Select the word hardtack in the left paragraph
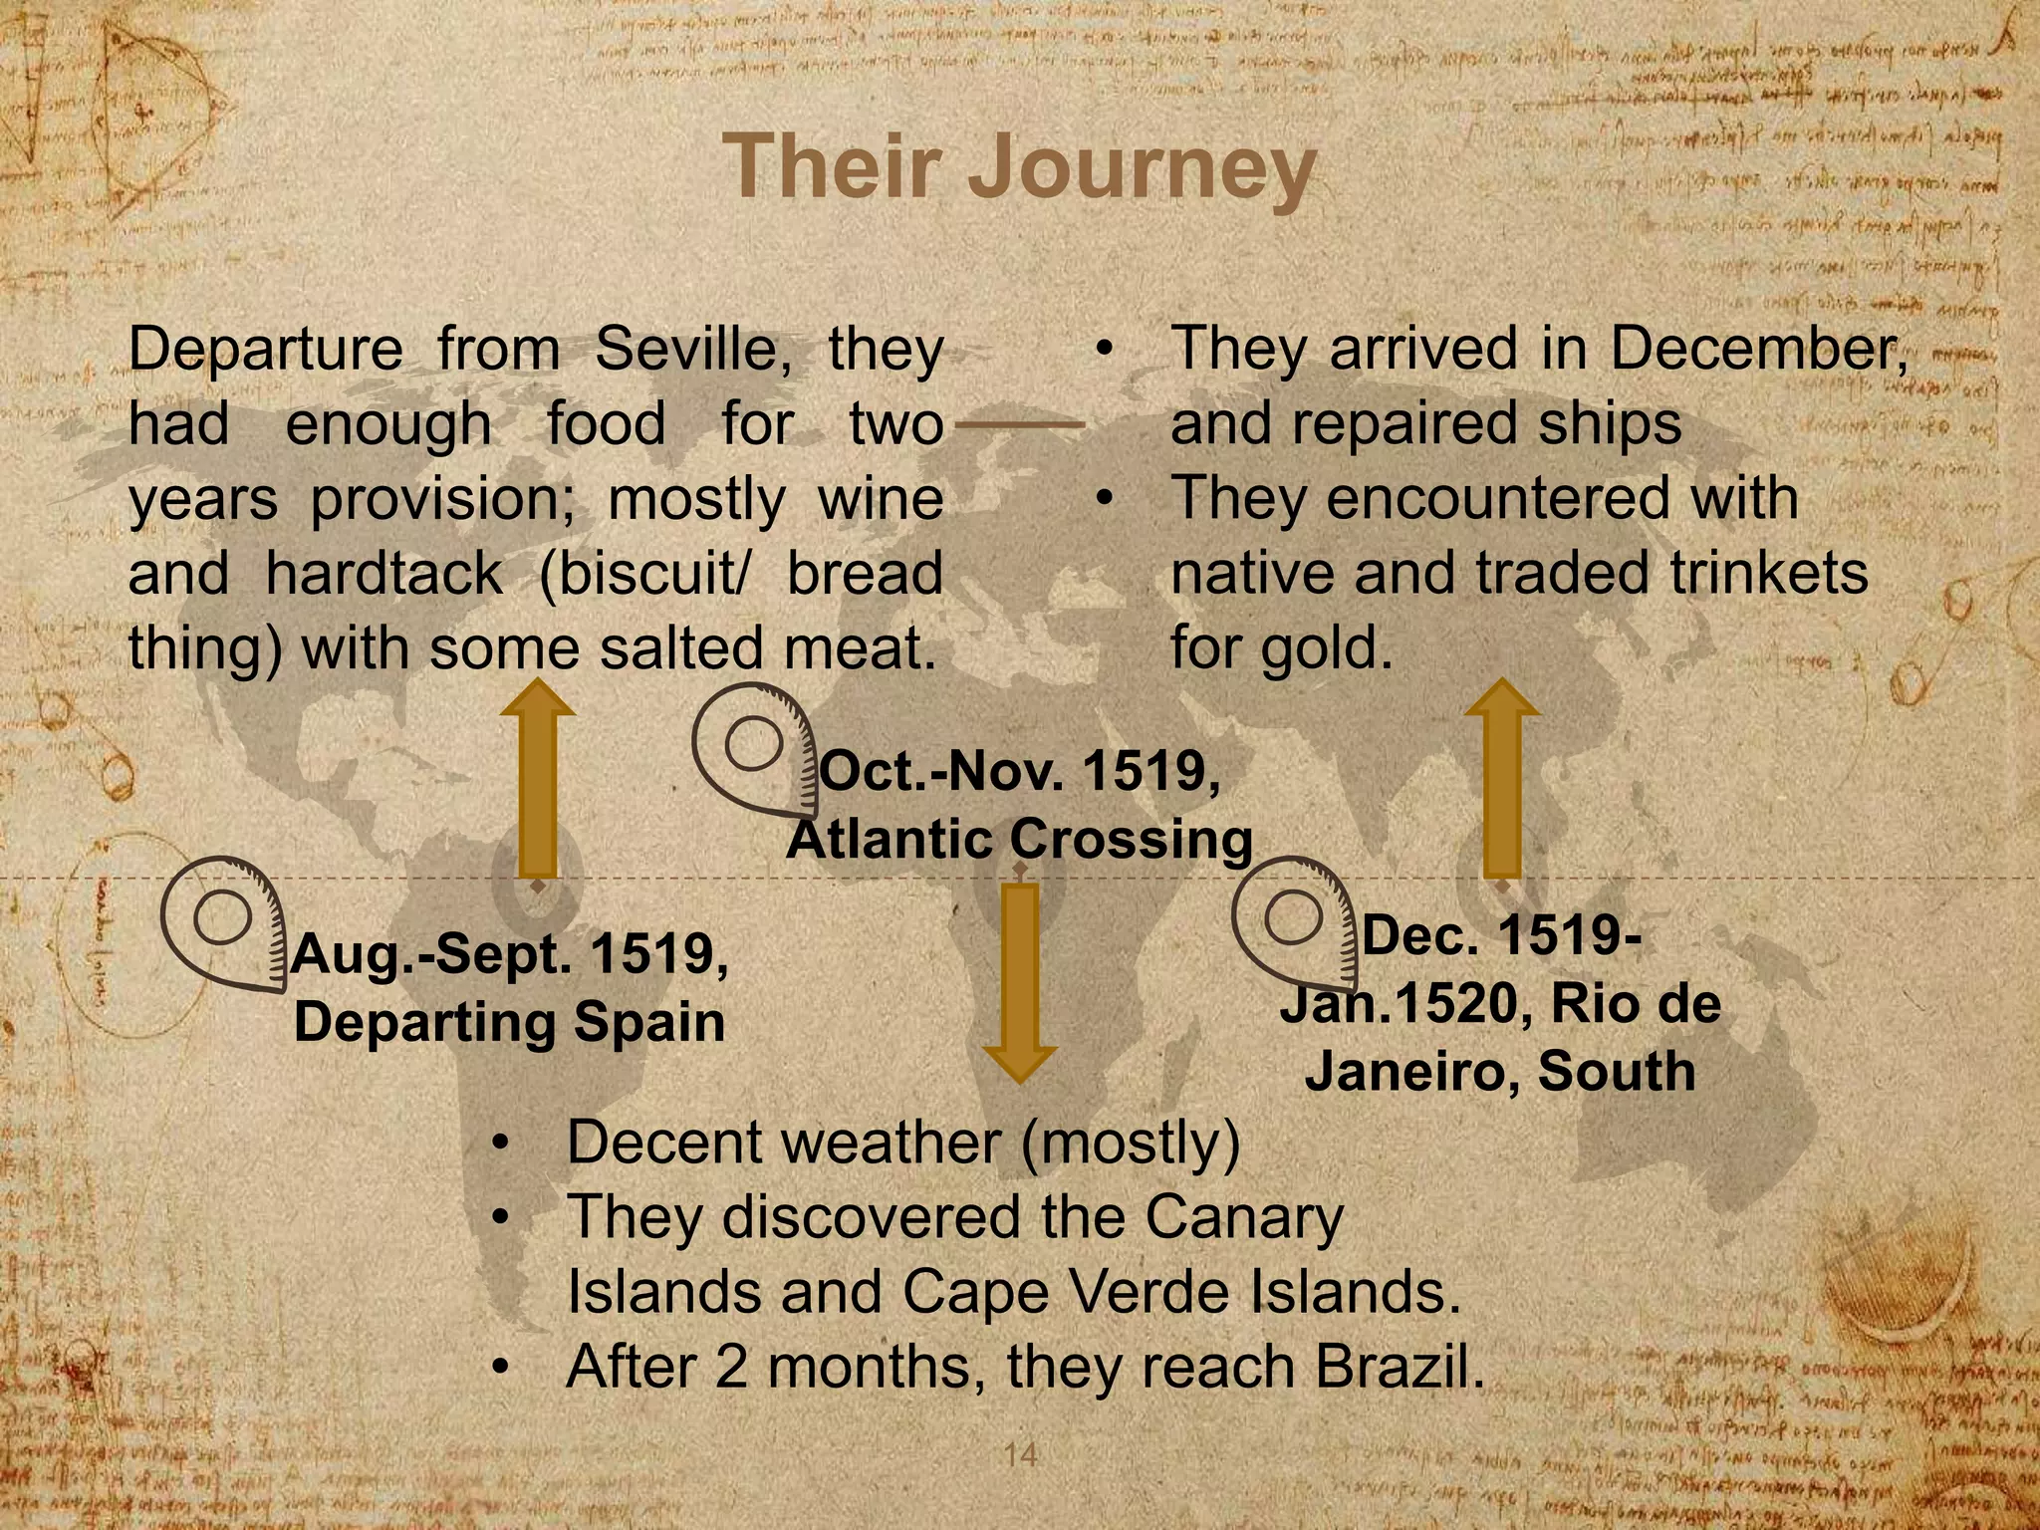pyautogui.click(x=384, y=574)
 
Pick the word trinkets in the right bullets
pyautogui.click(x=1770, y=574)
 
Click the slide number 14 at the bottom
pyautogui.click(x=1020, y=1454)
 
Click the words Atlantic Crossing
pyautogui.click(x=1020, y=839)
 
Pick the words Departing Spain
pyautogui.click(x=510, y=1022)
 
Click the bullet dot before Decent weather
pyautogui.click(x=502, y=1143)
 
